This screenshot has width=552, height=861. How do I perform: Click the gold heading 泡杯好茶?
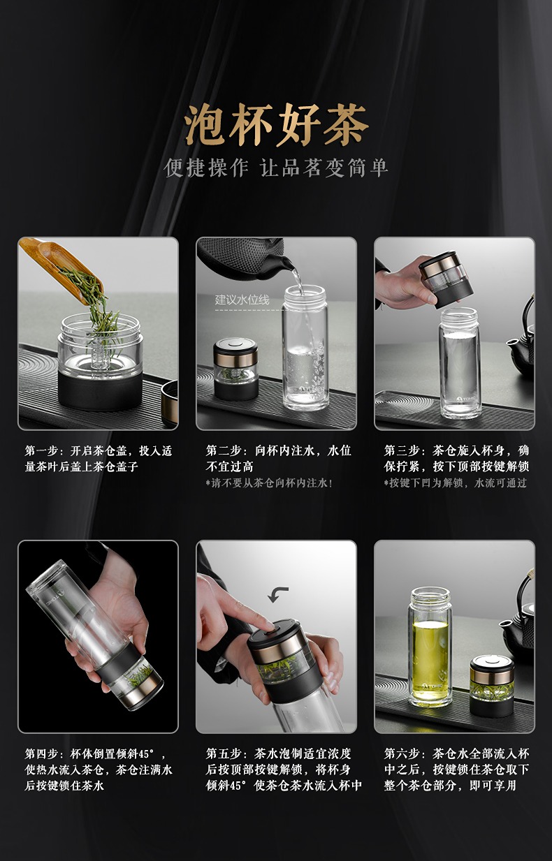point(276,125)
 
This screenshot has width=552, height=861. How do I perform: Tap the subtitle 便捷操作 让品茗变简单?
point(276,168)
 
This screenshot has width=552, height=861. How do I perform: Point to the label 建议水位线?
point(242,300)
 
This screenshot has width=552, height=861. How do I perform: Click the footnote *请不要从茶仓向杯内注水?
point(270,483)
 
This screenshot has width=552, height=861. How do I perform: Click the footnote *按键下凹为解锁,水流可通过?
point(456,483)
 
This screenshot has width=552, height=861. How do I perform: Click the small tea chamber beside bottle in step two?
point(235,369)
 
